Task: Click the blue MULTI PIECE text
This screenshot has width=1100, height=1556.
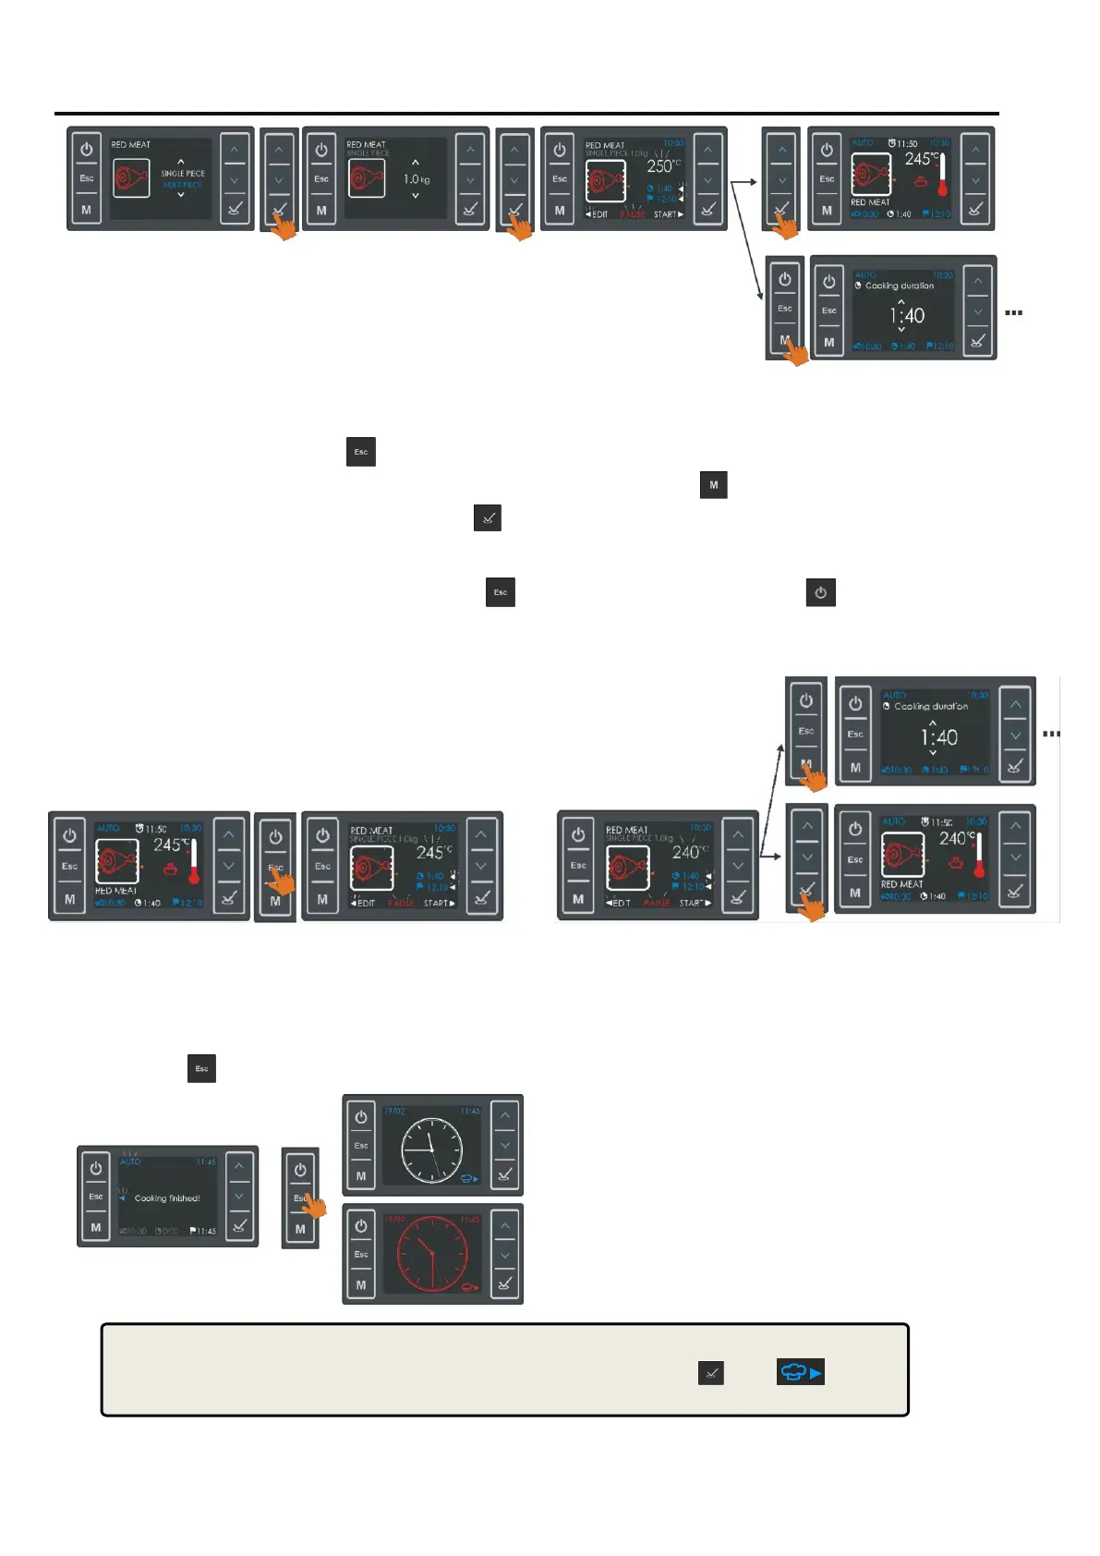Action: [183, 185]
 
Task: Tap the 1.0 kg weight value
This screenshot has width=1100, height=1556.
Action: [416, 179]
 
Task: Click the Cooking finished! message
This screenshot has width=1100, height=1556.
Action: [167, 1198]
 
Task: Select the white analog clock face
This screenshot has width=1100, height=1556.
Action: [431, 1149]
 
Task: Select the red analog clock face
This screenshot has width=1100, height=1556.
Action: [431, 1258]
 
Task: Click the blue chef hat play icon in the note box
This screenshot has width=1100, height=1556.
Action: [800, 1372]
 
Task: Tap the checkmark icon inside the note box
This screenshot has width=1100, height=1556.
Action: [710, 1373]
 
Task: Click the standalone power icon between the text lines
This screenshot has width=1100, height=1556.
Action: [820, 592]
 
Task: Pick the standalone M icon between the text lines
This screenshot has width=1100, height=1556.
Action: [713, 485]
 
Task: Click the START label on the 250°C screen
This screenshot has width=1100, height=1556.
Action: [668, 214]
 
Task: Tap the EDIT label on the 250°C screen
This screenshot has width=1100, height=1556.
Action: [598, 214]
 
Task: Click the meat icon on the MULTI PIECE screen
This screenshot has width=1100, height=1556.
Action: [131, 177]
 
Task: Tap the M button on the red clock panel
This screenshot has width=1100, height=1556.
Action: [361, 1284]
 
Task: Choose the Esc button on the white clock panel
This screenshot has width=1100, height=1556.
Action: [361, 1146]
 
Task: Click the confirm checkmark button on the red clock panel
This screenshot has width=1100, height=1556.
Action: [504, 1283]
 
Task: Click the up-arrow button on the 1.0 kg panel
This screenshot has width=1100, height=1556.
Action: [470, 150]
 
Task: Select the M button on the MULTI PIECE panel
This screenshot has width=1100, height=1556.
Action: [87, 210]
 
